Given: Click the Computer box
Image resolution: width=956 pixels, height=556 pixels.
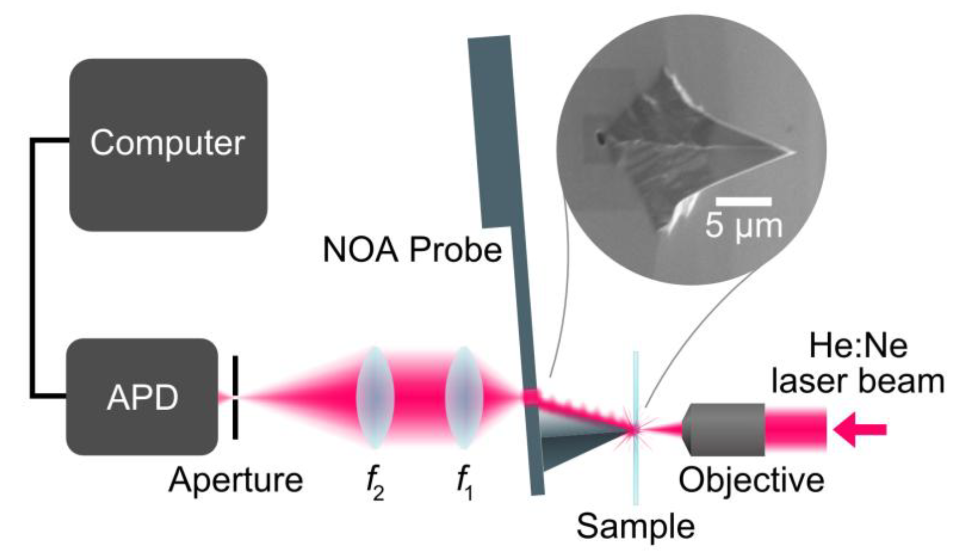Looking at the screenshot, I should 168,144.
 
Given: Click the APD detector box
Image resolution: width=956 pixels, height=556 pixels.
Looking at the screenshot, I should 142,397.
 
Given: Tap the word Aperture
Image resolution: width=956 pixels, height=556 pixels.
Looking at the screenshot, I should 235,480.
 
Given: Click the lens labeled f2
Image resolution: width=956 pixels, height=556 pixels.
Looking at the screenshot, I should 374,397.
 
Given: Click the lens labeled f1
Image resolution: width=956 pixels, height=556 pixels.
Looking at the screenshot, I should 463,397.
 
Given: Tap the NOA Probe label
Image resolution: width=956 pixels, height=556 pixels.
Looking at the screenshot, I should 412,250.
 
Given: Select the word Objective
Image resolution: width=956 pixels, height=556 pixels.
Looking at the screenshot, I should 751,480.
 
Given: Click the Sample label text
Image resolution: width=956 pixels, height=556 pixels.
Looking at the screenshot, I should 635,526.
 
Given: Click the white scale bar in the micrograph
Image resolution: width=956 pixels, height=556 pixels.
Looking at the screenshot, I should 743,202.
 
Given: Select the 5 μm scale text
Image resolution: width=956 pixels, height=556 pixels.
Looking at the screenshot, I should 744,225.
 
